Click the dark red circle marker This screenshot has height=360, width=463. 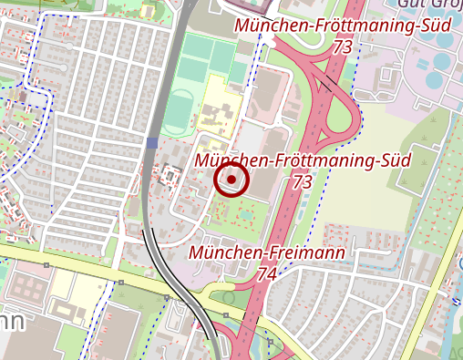231,180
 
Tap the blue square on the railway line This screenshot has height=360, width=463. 151,142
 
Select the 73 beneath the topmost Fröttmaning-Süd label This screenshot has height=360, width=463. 343,46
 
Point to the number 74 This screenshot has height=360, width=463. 267,273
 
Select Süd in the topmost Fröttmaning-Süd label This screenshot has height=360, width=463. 436,25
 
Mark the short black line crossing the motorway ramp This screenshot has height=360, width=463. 325,86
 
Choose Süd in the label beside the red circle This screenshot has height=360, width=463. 396,160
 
